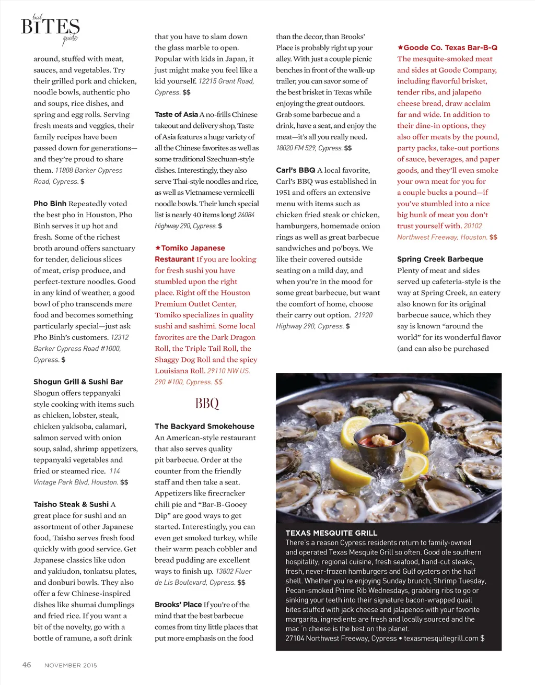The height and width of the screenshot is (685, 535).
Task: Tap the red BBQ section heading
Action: click(207, 403)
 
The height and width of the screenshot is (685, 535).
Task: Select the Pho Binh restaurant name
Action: click(50, 204)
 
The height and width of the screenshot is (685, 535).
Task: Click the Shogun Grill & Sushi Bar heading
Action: click(78, 382)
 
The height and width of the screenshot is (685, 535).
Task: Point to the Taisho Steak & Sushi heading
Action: click(71, 504)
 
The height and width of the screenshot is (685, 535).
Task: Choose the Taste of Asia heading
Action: click(176, 114)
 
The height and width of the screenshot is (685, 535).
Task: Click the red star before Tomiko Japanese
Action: click(157, 248)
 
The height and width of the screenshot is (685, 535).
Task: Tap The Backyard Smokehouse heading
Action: click(204, 426)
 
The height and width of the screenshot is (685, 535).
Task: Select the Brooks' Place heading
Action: click(178, 605)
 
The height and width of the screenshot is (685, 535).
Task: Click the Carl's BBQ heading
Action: click(295, 170)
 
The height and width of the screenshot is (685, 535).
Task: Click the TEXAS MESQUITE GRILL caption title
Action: click(331, 533)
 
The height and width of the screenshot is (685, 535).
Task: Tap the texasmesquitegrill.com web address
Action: click(441, 638)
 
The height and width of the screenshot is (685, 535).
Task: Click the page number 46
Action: click(27, 665)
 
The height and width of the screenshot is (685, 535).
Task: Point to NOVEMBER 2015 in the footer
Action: click(71, 665)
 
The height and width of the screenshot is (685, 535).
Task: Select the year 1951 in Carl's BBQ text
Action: click(283, 193)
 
